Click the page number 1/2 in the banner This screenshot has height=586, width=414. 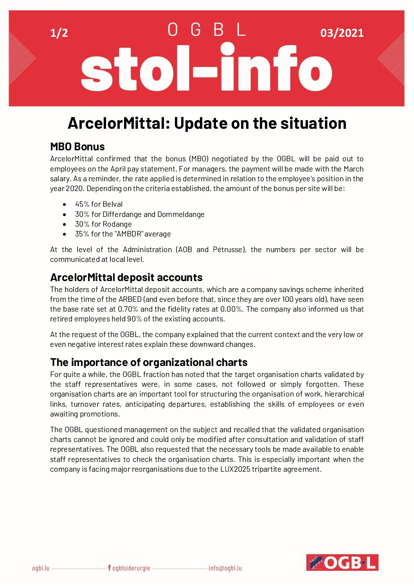59,33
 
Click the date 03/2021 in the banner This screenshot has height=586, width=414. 342,33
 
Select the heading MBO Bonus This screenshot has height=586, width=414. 77,147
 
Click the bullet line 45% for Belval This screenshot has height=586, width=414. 99,204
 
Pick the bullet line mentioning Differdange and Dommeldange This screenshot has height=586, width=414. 140,215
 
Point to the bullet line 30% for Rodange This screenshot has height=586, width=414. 103,224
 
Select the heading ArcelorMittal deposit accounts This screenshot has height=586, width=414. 126,278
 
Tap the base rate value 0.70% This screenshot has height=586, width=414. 128,309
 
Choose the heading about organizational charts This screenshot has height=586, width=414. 149,362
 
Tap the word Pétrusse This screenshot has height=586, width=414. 229,250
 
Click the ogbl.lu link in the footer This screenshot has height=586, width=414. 41,568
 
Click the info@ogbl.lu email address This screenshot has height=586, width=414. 225,568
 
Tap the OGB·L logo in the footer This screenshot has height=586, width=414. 342,563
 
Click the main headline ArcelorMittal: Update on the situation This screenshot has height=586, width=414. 207,123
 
